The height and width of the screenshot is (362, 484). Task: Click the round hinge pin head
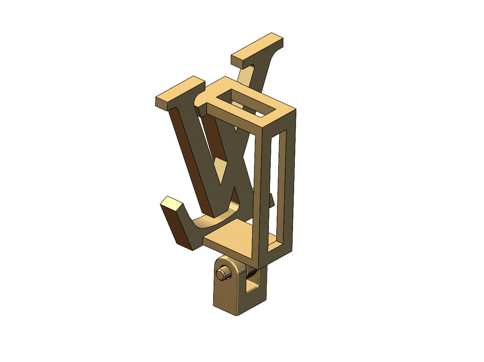[221, 274]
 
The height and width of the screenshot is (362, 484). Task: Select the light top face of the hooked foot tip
[172, 204]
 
